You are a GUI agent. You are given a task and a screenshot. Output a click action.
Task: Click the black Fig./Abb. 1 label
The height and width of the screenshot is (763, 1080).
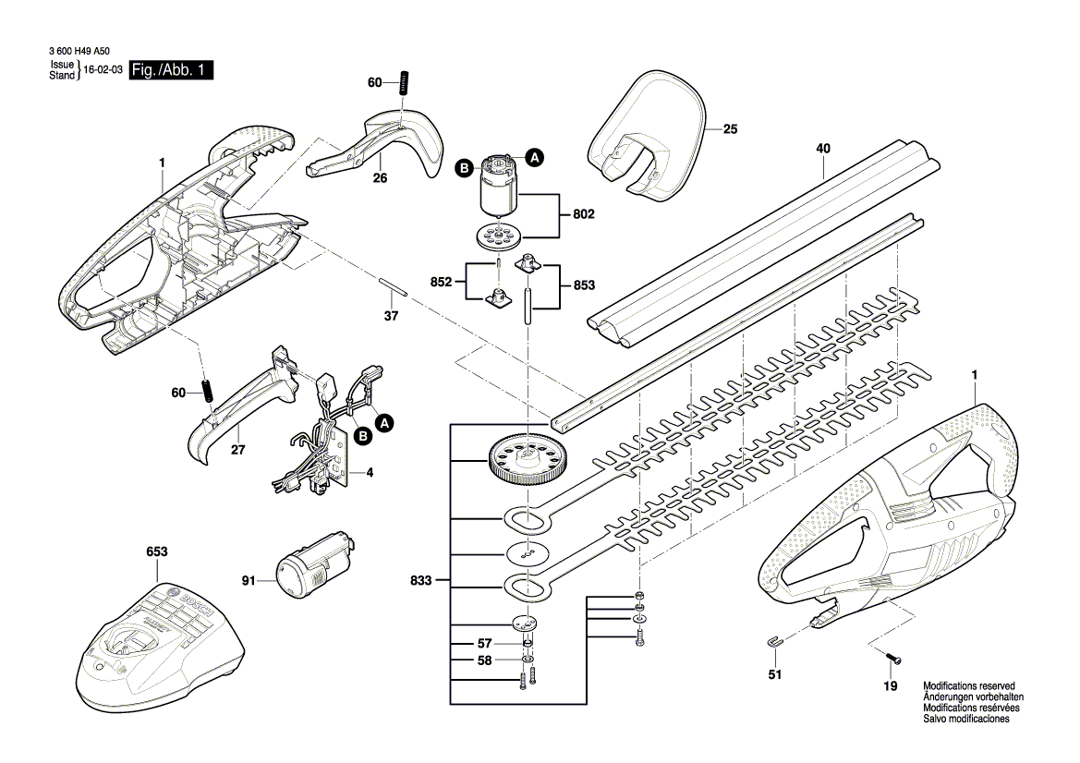coord(171,70)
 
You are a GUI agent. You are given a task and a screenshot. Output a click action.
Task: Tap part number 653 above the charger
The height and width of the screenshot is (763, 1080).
coord(156,552)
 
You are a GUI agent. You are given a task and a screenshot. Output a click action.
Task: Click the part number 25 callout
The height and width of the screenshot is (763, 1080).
coord(730,129)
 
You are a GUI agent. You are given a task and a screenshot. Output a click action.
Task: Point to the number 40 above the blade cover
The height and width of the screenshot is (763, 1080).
coord(823,148)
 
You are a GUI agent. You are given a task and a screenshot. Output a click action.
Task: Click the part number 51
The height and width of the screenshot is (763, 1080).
coord(774,675)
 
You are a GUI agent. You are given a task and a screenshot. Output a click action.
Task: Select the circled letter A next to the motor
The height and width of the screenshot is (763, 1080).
coord(534,158)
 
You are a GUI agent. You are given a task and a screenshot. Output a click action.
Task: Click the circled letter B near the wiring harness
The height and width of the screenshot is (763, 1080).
coord(363,435)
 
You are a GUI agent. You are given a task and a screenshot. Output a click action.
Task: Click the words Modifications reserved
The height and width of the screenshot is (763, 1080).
coord(968,686)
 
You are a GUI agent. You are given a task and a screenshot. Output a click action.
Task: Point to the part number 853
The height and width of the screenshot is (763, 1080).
coord(584,285)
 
